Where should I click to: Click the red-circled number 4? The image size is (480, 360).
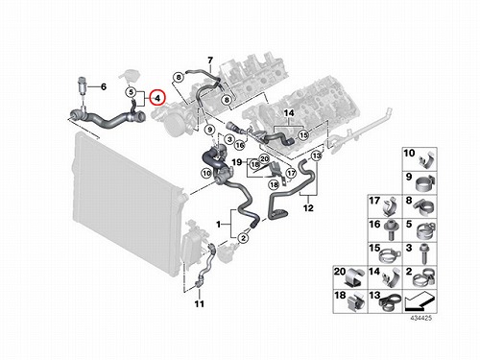tap(157, 98)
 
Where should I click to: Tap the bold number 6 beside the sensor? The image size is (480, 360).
tap(104, 86)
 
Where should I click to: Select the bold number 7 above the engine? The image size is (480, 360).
tap(210, 60)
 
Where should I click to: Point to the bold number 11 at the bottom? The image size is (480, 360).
tap(200, 303)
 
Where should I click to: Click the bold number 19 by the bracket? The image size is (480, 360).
tap(237, 162)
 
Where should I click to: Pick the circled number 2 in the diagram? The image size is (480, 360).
tap(244, 238)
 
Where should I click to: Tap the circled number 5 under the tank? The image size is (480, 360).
tap(131, 92)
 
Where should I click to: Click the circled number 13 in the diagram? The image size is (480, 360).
tap(316, 156)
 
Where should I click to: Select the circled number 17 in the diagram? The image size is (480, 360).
tap(291, 173)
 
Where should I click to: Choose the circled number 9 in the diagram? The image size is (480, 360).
tap(210, 130)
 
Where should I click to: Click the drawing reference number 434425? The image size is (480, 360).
tap(421, 318)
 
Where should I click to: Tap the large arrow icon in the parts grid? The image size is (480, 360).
tap(420, 301)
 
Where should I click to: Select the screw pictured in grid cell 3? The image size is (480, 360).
tap(425, 254)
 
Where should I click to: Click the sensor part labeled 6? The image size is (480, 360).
tap(83, 85)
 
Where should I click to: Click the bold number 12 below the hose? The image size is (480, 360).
tap(308, 208)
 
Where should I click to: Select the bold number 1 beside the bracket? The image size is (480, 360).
tap(219, 225)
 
